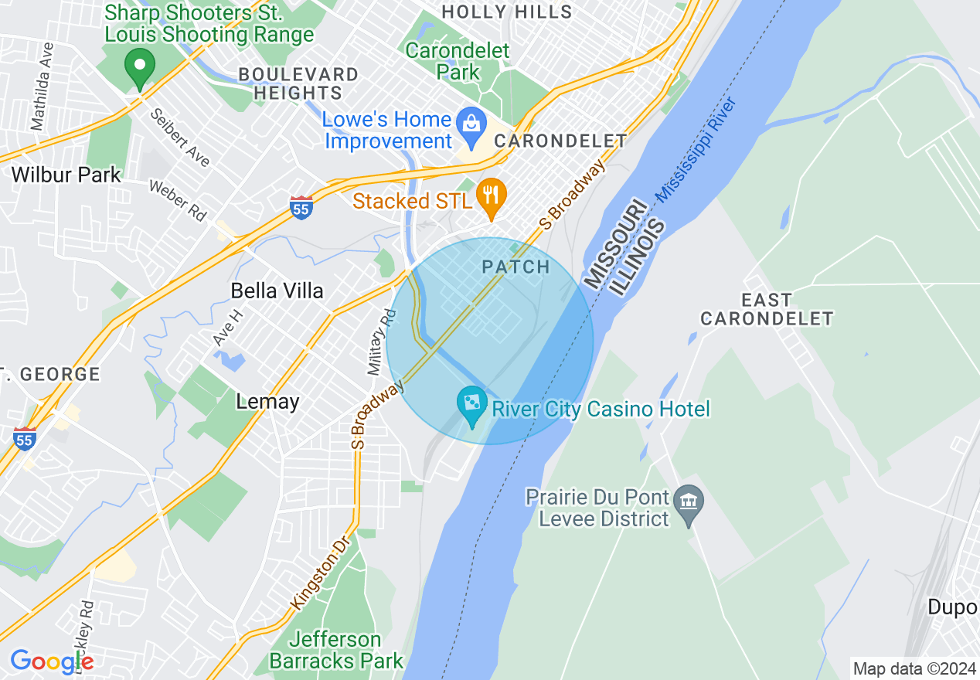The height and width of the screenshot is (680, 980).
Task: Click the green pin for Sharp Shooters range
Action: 140,68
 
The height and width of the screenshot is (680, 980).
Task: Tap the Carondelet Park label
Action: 458,62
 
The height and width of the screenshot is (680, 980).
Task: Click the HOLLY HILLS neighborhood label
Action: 506,12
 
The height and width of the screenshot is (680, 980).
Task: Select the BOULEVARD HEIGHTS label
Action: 298,84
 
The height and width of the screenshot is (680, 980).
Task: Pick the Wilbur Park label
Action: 66,175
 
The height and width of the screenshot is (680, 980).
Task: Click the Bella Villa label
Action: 277,291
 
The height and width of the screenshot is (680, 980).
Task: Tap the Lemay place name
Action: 267,402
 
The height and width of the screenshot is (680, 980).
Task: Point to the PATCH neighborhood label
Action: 516,267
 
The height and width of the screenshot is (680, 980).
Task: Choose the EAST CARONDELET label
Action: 767,309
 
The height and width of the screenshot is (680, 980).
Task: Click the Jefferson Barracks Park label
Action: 336,651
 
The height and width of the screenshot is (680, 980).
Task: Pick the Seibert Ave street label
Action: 180,137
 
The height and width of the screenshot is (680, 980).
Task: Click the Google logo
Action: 52,661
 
